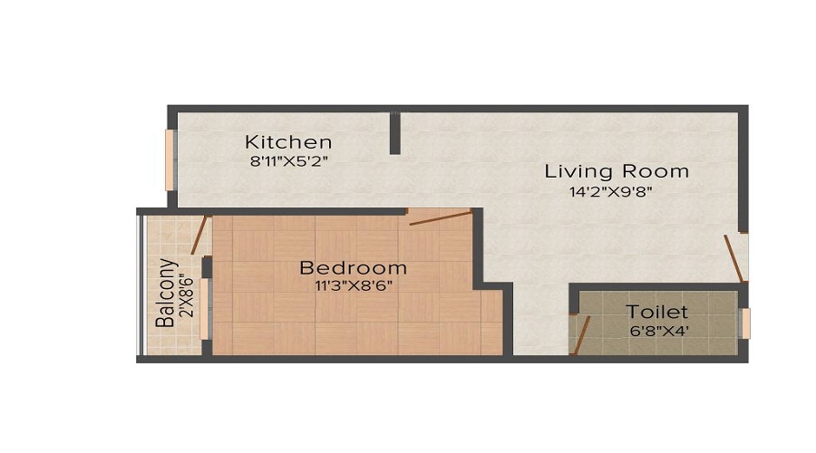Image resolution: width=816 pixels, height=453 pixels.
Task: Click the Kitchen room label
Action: pos(288,142)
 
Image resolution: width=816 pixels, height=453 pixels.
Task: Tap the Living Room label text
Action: pos(617,170)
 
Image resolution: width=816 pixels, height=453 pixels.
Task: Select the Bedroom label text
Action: pos(353,267)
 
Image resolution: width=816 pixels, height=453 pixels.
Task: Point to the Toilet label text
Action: pos(656,312)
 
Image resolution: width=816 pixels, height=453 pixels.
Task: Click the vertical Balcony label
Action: pos(165,293)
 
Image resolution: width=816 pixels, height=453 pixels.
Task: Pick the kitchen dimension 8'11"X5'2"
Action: pos(288,162)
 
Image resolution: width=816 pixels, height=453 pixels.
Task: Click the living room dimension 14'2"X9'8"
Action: pos(611,191)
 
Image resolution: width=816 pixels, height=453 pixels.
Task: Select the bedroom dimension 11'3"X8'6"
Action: pos(353,285)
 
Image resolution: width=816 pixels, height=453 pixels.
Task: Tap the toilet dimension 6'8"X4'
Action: pos(656,331)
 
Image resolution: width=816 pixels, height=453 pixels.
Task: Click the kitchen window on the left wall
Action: pos(170,159)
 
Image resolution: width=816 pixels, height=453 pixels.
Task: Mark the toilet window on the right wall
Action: pos(745,323)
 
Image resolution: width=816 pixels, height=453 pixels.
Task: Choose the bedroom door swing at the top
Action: pos(440,217)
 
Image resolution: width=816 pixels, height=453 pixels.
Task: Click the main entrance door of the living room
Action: pos(734,258)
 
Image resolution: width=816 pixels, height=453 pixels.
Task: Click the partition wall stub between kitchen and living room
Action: pos(395,132)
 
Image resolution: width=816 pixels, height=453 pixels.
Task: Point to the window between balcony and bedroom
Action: pos(206,308)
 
